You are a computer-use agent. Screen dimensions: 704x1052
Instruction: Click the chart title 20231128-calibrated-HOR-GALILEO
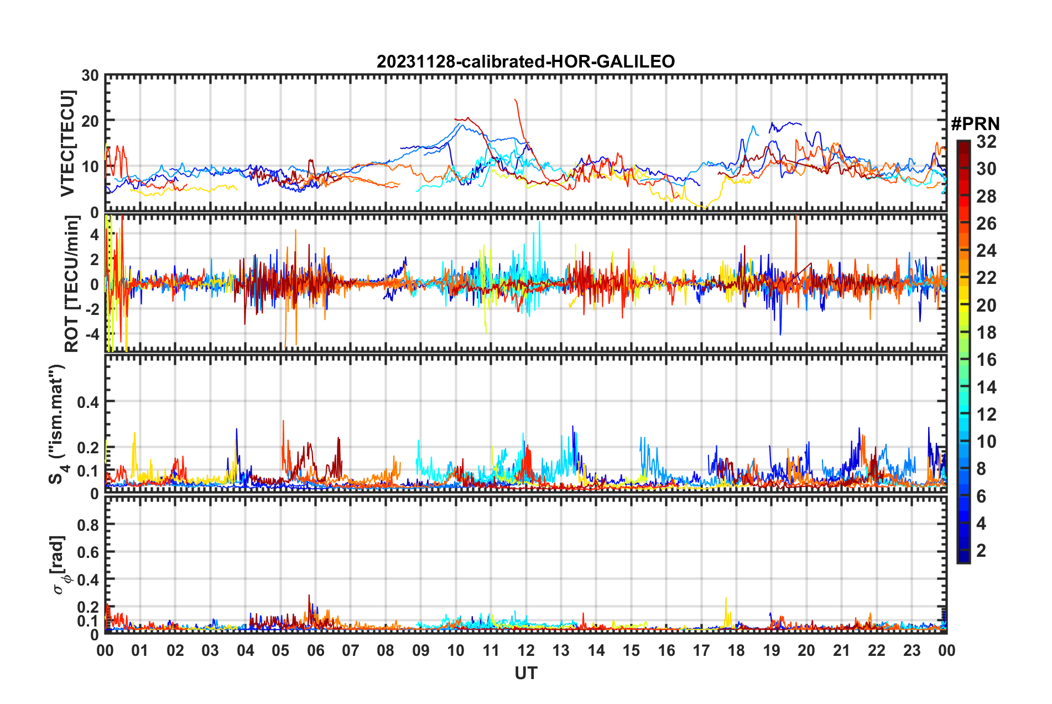point(525,61)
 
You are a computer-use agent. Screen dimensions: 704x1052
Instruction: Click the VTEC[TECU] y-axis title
point(67,143)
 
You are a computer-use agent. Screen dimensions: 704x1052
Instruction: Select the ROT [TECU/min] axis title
point(72,284)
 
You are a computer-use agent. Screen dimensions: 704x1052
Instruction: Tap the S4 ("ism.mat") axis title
point(58,424)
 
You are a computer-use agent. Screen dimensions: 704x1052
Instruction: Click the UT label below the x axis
point(525,674)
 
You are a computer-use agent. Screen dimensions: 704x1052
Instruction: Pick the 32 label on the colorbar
point(986,142)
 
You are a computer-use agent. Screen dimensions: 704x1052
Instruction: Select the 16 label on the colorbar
point(986,360)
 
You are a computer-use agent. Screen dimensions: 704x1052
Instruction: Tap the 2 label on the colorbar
point(982,551)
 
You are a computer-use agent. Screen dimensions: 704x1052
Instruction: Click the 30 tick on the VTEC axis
point(90,76)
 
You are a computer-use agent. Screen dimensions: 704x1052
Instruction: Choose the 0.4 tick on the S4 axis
point(88,402)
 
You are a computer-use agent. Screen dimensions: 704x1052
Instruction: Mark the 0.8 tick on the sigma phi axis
point(88,525)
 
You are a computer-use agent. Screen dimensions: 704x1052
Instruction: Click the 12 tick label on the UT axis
point(526,651)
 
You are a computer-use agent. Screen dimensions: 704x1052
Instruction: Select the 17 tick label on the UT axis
point(701,651)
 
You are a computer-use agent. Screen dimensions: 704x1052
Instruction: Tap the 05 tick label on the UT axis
point(280,651)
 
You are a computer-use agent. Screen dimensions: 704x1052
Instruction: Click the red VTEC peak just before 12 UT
point(515,100)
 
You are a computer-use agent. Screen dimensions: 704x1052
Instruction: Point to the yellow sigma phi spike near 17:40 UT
point(726,599)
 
